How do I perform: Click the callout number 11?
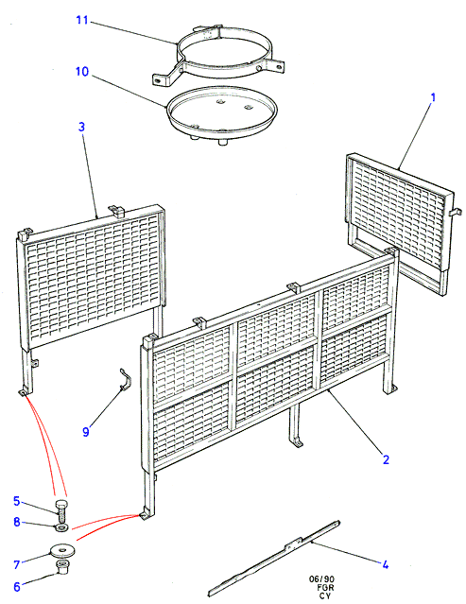coord(82,20)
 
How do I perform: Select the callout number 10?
coord(82,72)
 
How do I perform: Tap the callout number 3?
coord(81,127)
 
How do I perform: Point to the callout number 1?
coord(433,97)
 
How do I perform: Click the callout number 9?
coord(86,432)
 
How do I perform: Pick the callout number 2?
coord(386,459)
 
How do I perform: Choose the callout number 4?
coord(386,565)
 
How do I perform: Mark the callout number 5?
coord(16,501)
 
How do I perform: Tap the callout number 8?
coord(17,522)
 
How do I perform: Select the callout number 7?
coord(17,564)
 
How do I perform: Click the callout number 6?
coord(17,587)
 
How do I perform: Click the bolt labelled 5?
coord(61,509)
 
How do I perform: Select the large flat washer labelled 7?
coord(62,550)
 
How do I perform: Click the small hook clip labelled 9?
coord(125,379)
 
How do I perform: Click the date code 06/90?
coord(321,579)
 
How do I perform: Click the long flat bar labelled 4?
coord(274,558)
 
